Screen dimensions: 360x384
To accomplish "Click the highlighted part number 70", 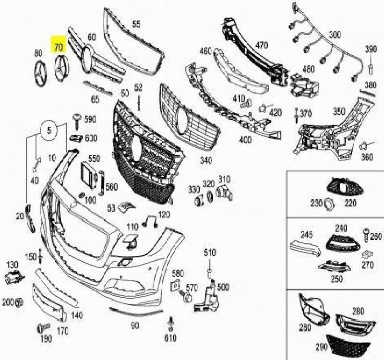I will tap(59, 47).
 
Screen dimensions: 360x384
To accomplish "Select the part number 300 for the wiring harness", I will tap(335, 35).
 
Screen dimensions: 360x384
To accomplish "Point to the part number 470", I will tap(262, 46).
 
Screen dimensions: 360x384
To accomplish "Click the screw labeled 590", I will tap(76, 118).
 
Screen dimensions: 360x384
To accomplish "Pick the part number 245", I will tap(307, 235).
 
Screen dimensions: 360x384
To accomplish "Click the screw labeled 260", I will tap(367, 236).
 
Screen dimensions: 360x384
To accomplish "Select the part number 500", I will tap(223, 287).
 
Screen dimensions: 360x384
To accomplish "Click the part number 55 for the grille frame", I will tap(136, 24).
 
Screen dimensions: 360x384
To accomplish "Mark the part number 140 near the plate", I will tap(76, 315).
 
